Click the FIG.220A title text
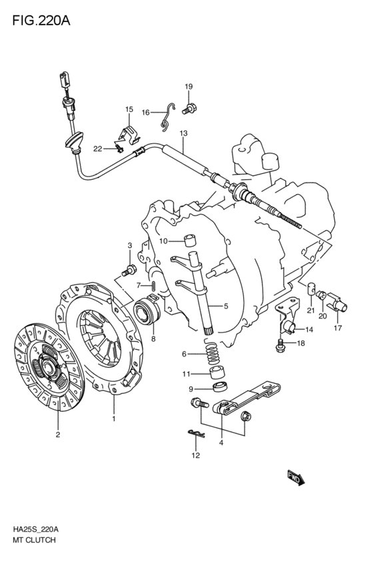click(x=41, y=21)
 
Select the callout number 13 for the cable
click(x=183, y=133)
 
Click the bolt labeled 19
click(x=189, y=108)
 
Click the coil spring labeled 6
click(x=213, y=352)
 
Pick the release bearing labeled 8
click(x=147, y=309)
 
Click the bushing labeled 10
click(x=190, y=241)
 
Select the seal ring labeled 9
click(x=220, y=387)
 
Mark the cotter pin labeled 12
click(x=196, y=433)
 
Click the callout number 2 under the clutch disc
click(x=58, y=434)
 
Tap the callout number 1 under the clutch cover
click(x=114, y=419)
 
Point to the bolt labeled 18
click(x=280, y=345)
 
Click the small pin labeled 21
click(x=312, y=290)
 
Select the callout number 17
click(x=338, y=328)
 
